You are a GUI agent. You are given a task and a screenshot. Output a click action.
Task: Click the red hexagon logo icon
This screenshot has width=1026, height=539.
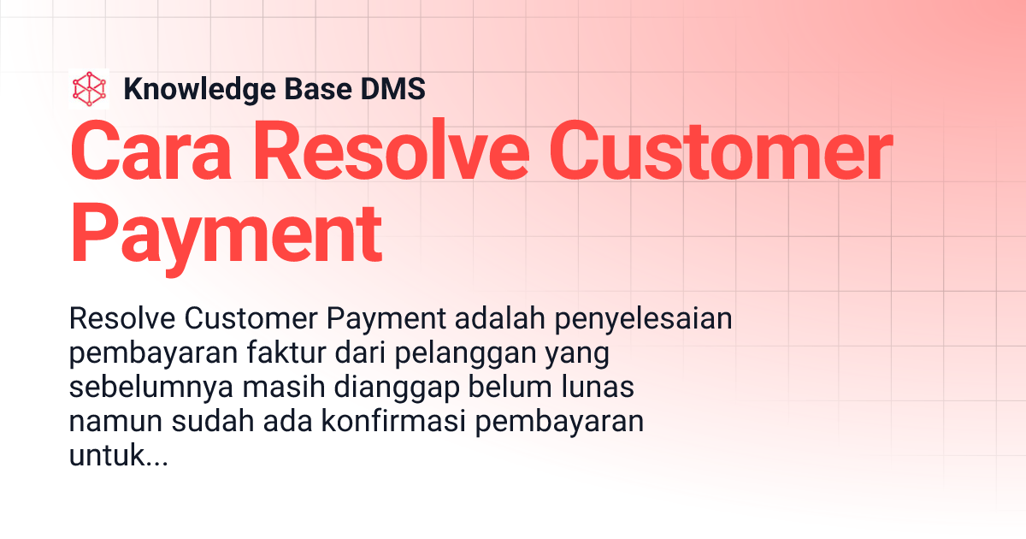[x=90, y=88]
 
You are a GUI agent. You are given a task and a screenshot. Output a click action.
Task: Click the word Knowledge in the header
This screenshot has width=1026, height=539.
[x=191, y=89]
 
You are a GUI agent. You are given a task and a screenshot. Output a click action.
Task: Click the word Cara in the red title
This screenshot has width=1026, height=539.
[x=145, y=154]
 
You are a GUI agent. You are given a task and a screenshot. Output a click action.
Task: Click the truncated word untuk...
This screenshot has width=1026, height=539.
[x=104, y=455]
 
